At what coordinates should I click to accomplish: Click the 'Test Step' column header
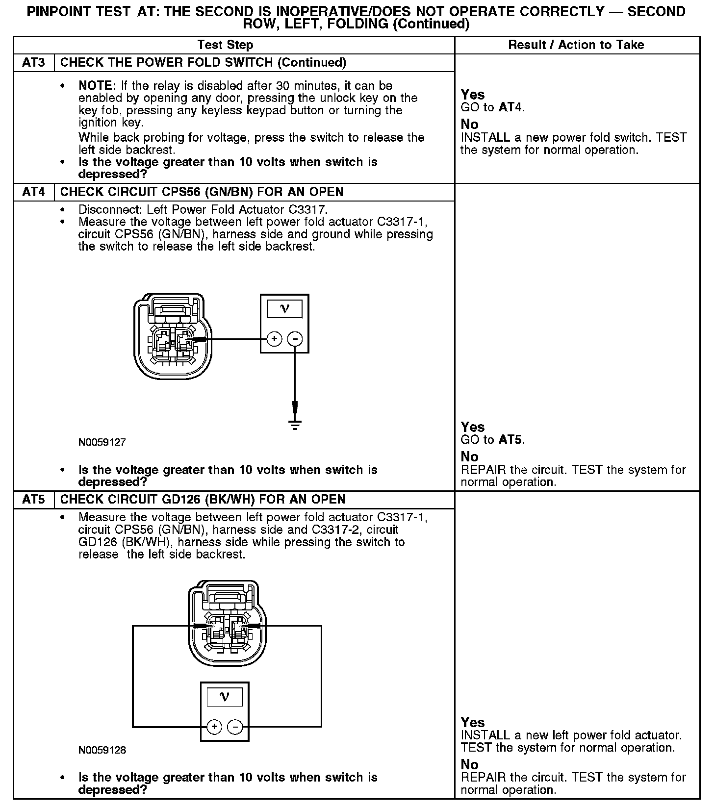click(x=225, y=45)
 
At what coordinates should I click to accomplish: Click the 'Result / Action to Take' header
click(x=576, y=45)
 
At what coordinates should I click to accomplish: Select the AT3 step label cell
click(x=33, y=63)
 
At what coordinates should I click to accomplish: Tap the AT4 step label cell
click(x=33, y=192)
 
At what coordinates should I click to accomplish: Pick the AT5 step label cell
click(x=33, y=499)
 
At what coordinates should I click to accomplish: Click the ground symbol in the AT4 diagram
click(x=295, y=425)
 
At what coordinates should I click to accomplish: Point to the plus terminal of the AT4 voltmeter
click(x=274, y=338)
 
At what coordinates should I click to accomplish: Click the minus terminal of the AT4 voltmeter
click(x=295, y=338)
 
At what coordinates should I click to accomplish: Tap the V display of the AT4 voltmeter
click(x=284, y=309)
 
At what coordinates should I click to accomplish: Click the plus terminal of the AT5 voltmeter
click(x=214, y=726)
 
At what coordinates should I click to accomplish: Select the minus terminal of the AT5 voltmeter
click(x=235, y=726)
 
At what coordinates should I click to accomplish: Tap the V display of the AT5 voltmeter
click(x=225, y=697)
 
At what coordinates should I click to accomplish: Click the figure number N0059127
click(x=102, y=442)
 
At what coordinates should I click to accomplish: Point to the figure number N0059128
click(x=102, y=750)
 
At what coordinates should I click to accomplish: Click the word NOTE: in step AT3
click(x=97, y=86)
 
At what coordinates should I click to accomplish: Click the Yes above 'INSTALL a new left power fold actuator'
click(x=473, y=722)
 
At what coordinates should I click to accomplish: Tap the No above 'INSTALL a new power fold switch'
click(x=469, y=124)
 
